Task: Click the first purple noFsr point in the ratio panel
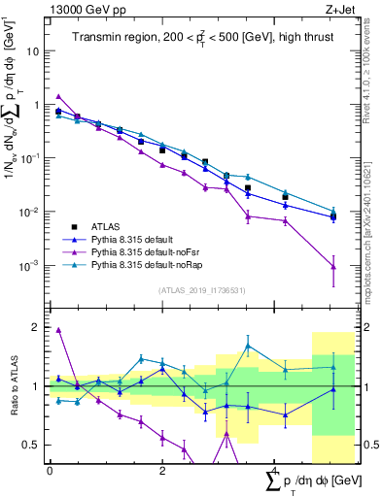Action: click(58, 330)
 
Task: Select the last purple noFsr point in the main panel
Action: click(333, 267)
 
